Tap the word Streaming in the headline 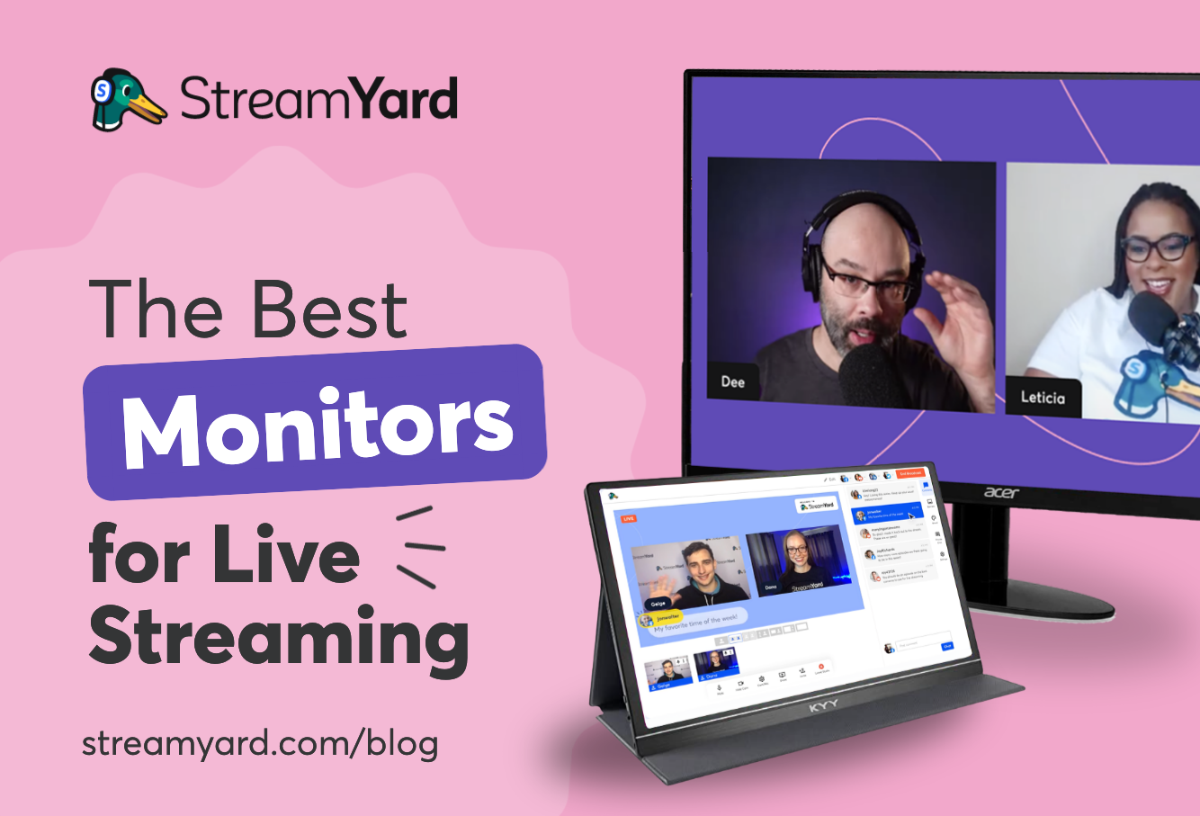tap(279, 636)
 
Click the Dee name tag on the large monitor tap(733, 381)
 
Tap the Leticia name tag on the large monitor tap(1043, 397)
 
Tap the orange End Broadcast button tap(911, 474)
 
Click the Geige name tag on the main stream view tap(657, 603)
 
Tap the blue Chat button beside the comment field tap(946, 646)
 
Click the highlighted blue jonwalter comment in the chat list tap(886, 515)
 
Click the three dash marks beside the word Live tap(419, 545)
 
